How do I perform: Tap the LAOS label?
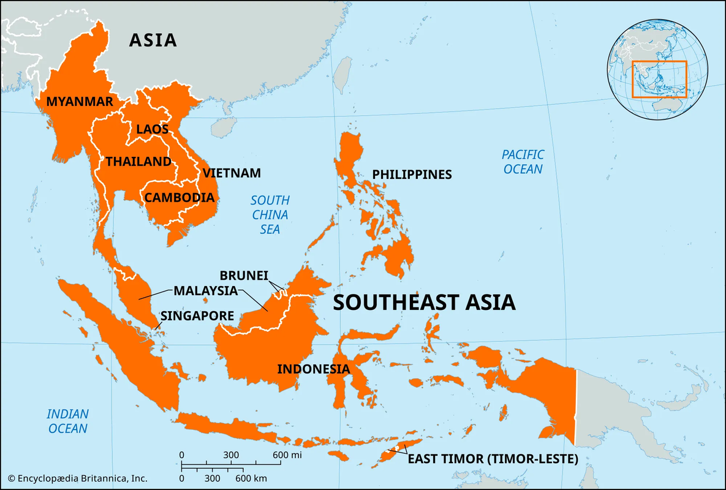152,129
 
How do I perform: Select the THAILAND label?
138,162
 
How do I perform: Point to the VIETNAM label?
232,173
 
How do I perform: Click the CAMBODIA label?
179,198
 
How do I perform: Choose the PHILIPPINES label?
412,175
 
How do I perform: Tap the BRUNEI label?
243,276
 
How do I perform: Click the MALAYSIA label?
205,290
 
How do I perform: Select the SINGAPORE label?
197,316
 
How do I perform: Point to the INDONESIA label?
314,369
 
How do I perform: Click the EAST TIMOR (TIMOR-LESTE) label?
493,459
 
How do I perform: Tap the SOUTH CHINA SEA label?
270,214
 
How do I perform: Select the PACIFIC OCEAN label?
523,162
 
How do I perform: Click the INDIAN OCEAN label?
68,421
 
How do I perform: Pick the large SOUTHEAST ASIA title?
424,303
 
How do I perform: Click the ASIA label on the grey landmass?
153,40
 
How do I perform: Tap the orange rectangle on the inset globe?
659,79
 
